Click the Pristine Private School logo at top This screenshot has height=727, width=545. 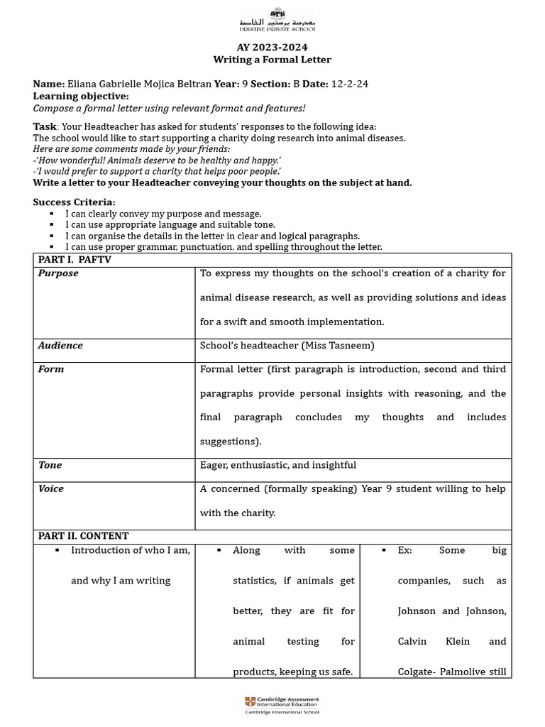coord(277,19)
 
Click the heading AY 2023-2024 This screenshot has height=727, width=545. coord(272,47)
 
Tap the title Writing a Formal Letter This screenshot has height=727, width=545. coord(272,60)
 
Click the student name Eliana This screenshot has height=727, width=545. coord(83,84)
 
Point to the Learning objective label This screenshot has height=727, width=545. coord(81,96)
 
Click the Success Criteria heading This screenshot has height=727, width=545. coord(74,202)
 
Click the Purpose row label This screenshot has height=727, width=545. coord(58,273)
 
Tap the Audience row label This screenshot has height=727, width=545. coord(60,346)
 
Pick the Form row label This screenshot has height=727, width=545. coord(51,369)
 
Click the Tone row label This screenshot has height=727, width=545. coord(50,465)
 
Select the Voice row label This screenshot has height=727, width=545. coord(51,489)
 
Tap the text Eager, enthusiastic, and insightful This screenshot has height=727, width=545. coord(278,465)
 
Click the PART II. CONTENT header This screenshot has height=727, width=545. coord(83,536)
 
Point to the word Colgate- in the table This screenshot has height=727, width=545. coord(419,672)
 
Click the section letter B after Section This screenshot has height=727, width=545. coord(297,84)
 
